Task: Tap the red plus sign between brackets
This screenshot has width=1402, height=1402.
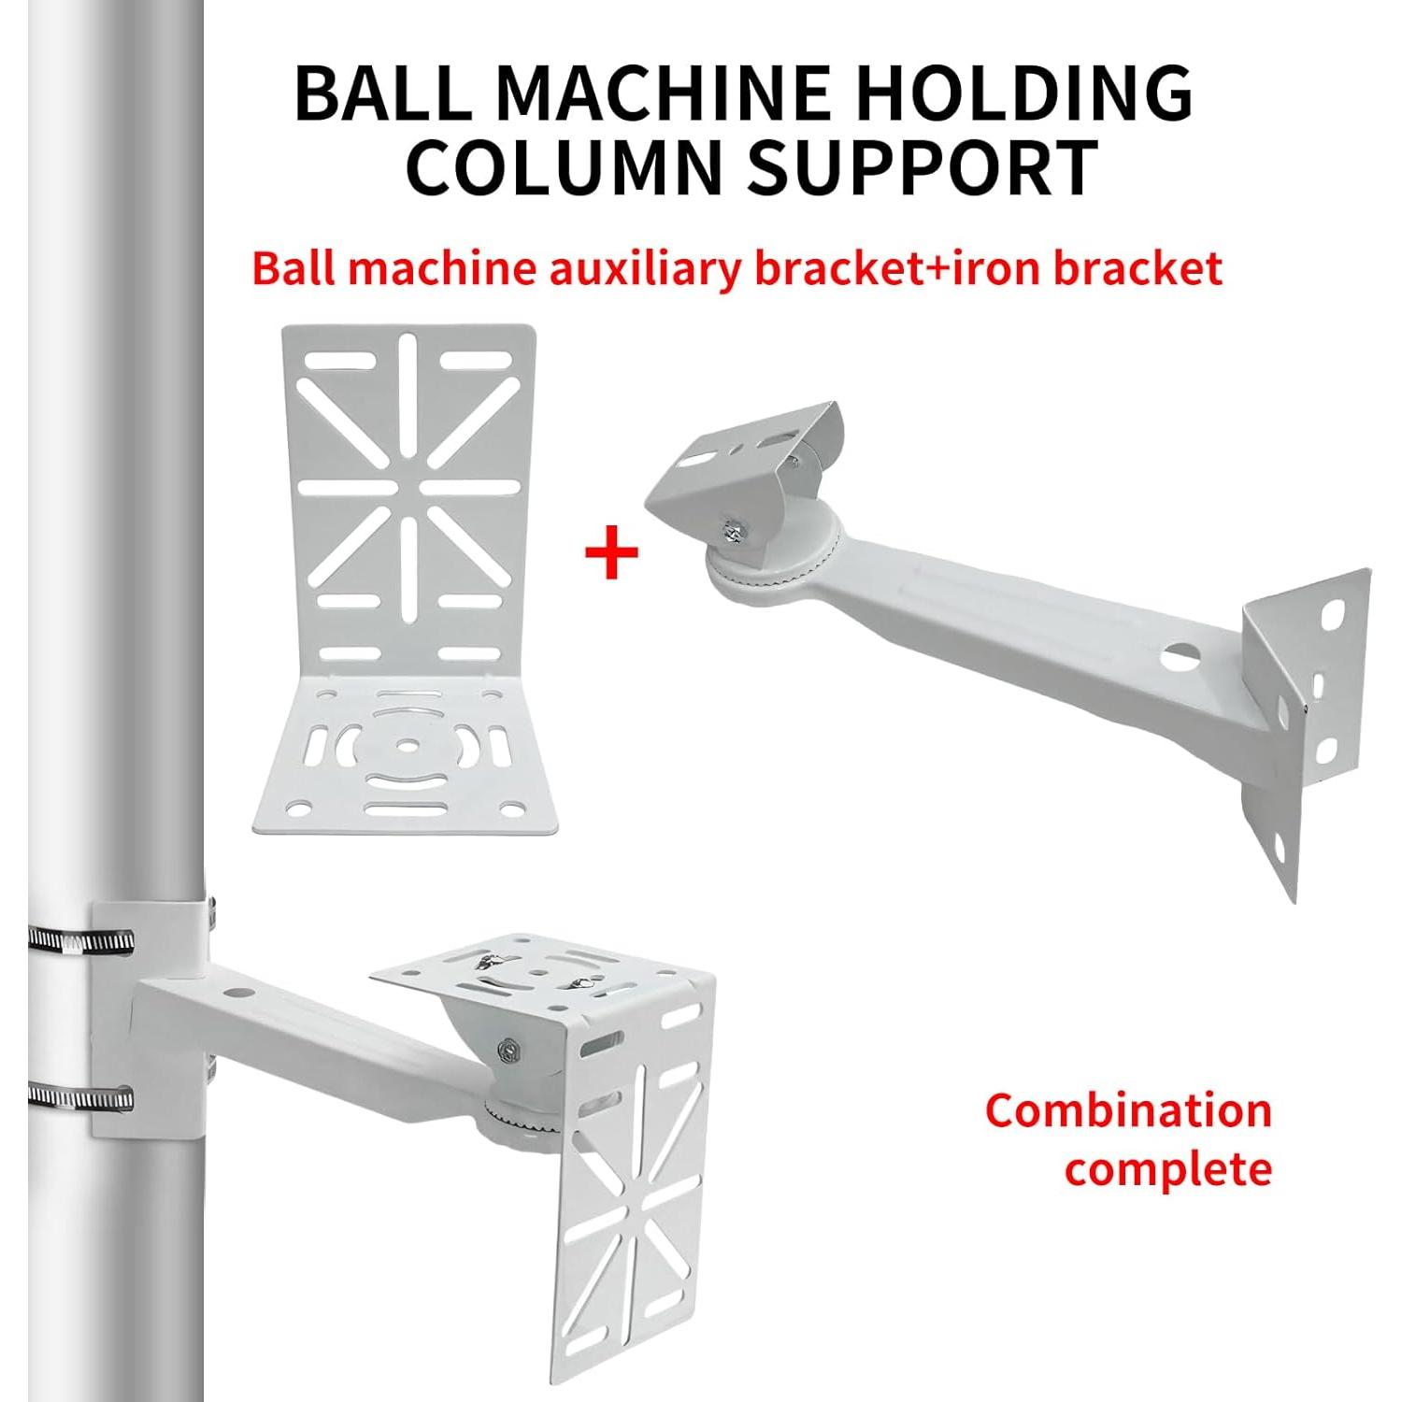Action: (x=612, y=551)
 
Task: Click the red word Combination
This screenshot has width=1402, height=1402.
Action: (x=1128, y=1111)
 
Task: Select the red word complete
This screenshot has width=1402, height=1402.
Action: (x=1168, y=1168)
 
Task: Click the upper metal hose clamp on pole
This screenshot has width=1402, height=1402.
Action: (x=79, y=938)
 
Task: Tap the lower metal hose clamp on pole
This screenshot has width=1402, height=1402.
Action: (x=79, y=1095)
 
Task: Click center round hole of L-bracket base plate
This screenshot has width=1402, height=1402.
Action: (x=408, y=745)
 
